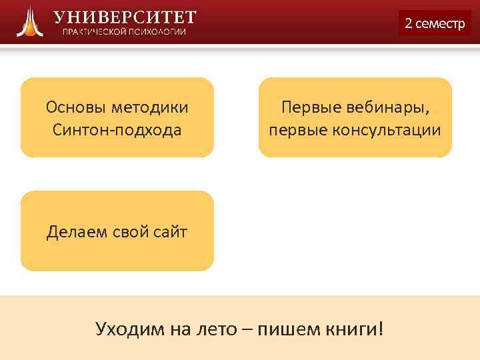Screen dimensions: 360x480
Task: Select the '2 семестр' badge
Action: [435, 23]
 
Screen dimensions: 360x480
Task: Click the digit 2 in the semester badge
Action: [409, 23]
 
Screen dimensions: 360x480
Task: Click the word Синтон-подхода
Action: [117, 129]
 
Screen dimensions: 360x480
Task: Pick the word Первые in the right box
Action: [307, 107]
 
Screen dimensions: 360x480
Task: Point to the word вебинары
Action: [387, 107]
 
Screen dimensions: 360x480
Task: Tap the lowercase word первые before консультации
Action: [293, 129]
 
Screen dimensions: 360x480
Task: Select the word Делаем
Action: [73, 232]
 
